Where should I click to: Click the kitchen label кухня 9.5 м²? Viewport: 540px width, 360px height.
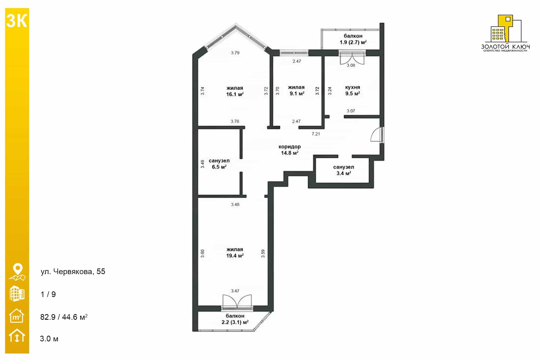click(353, 90)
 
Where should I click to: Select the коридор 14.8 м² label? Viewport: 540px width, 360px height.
click(290, 150)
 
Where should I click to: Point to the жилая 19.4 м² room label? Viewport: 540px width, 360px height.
click(235, 253)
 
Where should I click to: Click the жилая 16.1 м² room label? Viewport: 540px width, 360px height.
click(235, 91)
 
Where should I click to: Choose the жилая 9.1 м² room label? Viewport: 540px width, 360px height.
click(297, 90)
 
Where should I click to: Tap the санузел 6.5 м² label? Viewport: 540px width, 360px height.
click(219, 164)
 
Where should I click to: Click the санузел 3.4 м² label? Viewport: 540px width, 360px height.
click(343, 170)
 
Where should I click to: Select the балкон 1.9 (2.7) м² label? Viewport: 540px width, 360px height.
click(353, 39)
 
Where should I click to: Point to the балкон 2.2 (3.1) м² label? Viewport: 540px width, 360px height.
click(235, 319)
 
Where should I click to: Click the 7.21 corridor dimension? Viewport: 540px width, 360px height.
click(316, 134)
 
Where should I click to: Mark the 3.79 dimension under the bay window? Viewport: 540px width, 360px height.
click(235, 53)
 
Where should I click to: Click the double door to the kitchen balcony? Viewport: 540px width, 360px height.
click(352, 58)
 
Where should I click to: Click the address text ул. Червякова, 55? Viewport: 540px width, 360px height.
click(73, 272)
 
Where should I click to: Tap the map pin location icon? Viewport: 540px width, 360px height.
click(18, 272)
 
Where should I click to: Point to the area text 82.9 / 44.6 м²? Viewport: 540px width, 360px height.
click(64, 317)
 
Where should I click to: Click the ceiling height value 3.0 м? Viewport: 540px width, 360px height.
click(49, 339)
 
